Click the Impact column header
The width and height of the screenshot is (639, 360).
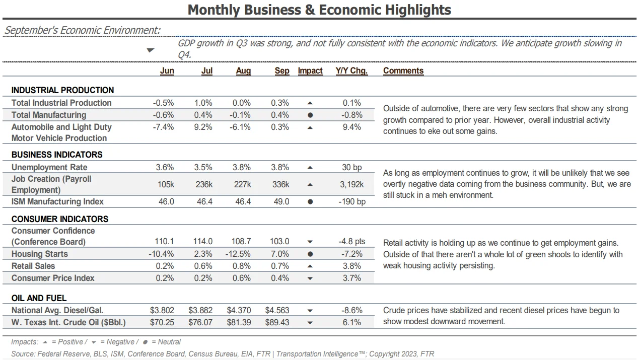click(310, 71)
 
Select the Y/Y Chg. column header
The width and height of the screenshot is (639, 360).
click(352, 71)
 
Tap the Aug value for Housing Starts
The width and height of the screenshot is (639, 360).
click(238, 254)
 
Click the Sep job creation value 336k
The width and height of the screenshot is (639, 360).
click(280, 185)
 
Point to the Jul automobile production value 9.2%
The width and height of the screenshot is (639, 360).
click(203, 127)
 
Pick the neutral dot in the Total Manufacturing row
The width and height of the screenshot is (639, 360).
click(310, 115)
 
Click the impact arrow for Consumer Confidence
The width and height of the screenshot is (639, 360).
click(310, 242)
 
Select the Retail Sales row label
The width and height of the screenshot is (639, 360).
click(33, 266)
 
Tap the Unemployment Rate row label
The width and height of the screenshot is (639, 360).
click(49, 167)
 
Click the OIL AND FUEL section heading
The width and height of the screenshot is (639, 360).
click(39, 298)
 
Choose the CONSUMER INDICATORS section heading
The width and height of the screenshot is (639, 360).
click(60, 219)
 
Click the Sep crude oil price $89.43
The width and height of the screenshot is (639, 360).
click(277, 322)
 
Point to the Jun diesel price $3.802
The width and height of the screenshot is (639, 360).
click(162, 310)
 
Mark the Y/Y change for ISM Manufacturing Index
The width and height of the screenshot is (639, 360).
click(352, 202)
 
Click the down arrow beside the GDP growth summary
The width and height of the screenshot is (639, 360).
click(151, 50)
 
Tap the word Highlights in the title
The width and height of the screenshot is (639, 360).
click(418, 10)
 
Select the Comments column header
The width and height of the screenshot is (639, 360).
click(403, 71)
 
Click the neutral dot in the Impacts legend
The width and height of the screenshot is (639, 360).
click(145, 342)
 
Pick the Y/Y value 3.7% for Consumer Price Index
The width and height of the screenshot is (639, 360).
click(352, 278)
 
